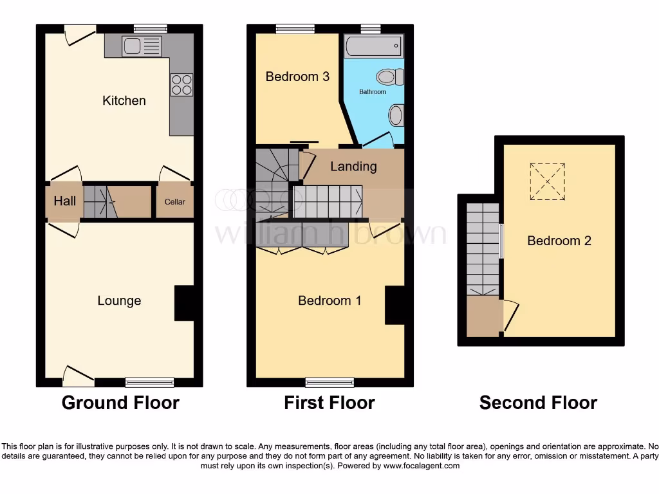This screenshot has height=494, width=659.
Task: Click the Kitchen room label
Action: tap(124, 100)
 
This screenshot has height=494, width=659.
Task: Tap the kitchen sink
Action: tap(142, 46)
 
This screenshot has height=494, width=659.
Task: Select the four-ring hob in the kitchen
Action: tap(181, 85)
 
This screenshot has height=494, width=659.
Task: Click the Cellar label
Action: tap(174, 202)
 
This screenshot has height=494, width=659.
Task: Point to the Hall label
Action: tap(64, 201)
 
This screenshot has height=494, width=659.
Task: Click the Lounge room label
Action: tap(119, 300)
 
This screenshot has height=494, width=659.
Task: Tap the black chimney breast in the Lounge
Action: tap(184, 303)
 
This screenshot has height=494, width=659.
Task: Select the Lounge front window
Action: tap(149, 382)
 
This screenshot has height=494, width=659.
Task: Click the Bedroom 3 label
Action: tap(297, 77)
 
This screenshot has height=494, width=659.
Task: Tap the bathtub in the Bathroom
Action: tap(373, 46)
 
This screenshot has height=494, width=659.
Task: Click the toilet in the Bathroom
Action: tap(390, 77)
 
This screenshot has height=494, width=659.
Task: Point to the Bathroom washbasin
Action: tap(396, 116)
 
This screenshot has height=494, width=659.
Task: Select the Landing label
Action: tap(353, 167)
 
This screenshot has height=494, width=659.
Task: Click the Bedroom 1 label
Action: tap(329, 300)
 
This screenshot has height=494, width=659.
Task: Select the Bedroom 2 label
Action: tap(559, 241)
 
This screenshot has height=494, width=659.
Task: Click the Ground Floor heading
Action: tap(120, 403)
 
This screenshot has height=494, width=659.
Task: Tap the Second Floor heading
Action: tap(538, 403)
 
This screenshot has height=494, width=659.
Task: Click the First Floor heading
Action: tap(329, 403)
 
